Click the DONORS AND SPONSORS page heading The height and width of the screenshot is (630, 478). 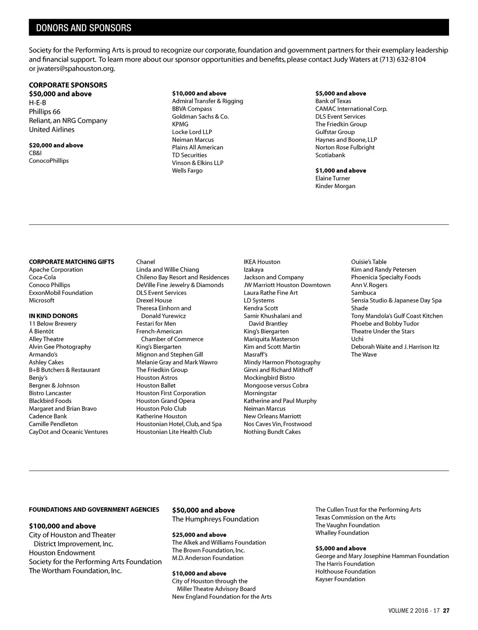pyautogui.click(x=84, y=28)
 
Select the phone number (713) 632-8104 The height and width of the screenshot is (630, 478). pyautogui.click(x=402, y=59)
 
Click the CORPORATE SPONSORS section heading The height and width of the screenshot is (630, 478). pyautogui.click(x=68, y=85)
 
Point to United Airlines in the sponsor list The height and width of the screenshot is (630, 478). pyautogui.click(x=52, y=129)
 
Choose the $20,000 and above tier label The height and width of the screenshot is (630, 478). pyautogui.click(x=56, y=145)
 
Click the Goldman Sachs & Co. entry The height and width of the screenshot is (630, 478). pyautogui.click(x=200, y=117)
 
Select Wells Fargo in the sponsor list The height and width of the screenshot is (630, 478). pyautogui.click(x=187, y=170)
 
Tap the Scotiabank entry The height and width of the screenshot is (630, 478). pyautogui.click(x=330, y=155)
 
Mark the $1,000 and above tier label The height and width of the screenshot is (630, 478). pyautogui.click(x=341, y=170)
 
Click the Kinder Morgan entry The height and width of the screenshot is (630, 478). pyautogui.click(x=335, y=186)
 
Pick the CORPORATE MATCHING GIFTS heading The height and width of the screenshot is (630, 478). pyautogui.click(x=71, y=262)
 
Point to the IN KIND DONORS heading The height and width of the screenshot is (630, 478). pyautogui.click(x=53, y=316)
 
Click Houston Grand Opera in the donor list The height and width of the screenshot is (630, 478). pyautogui.click(x=166, y=401)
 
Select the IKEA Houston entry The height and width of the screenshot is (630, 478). pyautogui.click(x=262, y=262)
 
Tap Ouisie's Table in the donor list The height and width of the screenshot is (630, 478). pyautogui.click(x=369, y=262)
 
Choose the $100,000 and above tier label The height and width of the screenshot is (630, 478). pyautogui.click(x=63, y=526)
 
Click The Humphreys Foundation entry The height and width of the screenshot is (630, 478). pyautogui.click(x=215, y=519)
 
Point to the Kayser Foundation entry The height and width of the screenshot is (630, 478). pyautogui.click(x=340, y=579)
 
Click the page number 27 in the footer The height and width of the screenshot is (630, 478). pyautogui.click(x=446, y=610)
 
